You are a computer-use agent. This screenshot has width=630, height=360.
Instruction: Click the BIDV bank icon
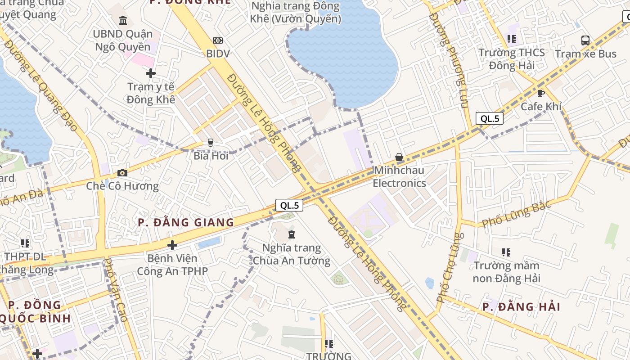pos(218,40)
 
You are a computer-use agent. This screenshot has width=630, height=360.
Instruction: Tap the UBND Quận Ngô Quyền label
pos(122,40)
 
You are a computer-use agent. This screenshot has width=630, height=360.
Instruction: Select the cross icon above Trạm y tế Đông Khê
pos(151,73)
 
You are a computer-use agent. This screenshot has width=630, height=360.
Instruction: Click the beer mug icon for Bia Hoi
pos(210,143)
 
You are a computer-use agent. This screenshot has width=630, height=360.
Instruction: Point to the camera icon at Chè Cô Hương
pos(122,173)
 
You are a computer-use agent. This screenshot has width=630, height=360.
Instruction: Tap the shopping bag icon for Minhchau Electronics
pos(399,157)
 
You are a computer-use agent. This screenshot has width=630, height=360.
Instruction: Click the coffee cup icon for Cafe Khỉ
pos(540,94)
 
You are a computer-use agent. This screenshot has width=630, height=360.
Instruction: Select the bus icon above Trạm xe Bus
pos(585,40)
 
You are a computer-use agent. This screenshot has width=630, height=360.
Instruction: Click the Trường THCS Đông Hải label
pos(512,59)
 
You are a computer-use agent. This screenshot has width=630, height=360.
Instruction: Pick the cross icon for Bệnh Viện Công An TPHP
pos(172,245)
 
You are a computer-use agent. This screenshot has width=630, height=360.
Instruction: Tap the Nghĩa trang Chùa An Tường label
pos(292,254)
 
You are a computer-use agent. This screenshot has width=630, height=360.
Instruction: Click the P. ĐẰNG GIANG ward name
pos(186,222)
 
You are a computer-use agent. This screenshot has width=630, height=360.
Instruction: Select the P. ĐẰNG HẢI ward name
pos(521,307)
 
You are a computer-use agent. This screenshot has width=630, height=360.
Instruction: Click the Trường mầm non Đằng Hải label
pos(506,272)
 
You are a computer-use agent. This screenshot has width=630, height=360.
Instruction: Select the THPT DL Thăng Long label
pos(27,263)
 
